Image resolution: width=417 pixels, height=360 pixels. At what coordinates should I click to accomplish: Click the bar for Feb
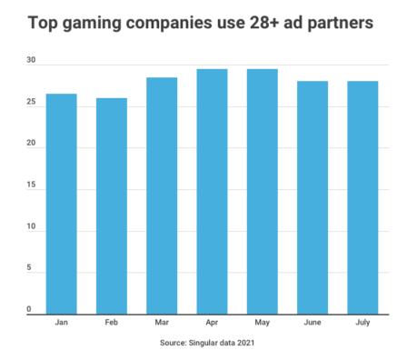point(112,205)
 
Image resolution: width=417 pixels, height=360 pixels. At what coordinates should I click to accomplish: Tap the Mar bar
point(162,195)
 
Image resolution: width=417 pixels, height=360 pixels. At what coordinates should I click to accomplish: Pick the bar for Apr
point(212,191)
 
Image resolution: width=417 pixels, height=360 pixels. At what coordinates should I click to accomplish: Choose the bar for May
point(262,191)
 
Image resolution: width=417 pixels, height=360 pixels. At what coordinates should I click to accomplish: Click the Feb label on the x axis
point(112,323)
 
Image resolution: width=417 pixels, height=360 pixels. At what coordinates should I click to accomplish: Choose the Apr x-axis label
point(212,323)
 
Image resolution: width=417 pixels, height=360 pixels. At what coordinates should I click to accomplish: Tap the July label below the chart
point(362,323)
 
